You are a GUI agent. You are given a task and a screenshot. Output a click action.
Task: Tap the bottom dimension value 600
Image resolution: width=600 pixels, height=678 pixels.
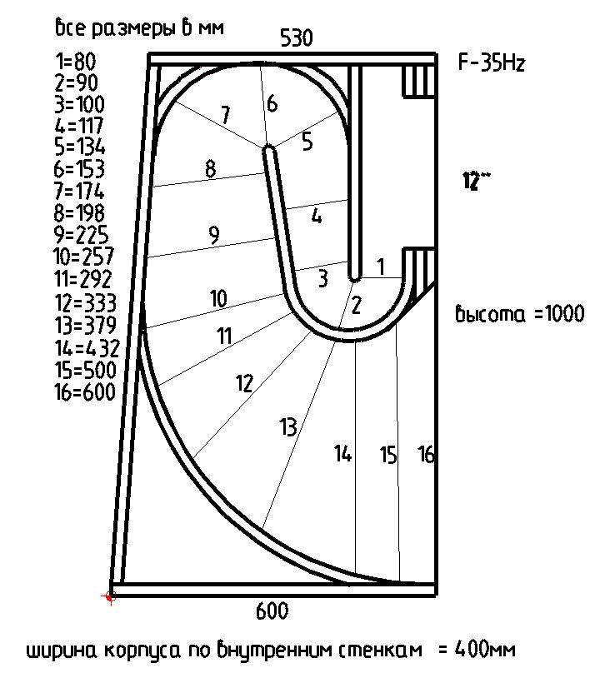pyautogui.click(x=272, y=611)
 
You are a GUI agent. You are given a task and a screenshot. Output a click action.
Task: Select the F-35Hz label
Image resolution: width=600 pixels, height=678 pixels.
pyautogui.click(x=492, y=63)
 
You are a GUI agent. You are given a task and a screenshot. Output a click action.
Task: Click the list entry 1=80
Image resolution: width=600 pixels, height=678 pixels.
pyautogui.click(x=75, y=62)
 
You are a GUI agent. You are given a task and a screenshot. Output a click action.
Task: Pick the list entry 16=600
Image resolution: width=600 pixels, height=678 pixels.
pyautogui.click(x=84, y=391)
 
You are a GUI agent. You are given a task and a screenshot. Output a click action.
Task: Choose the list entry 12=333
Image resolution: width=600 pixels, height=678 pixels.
pyautogui.click(x=84, y=302)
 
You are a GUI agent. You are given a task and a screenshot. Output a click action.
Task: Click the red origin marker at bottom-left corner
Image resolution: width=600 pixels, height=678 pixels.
pyautogui.click(x=109, y=596)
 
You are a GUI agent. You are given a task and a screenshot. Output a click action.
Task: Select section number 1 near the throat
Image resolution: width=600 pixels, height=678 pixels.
pyautogui.click(x=381, y=267)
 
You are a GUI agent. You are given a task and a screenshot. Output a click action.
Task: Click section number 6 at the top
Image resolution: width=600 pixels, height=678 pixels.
pyautogui.click(x=272, y=104)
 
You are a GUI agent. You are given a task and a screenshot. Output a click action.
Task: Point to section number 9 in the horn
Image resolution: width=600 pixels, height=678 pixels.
pyautogui.click(x=214, y=236)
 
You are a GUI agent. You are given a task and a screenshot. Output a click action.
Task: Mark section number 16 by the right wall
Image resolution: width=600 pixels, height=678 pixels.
pyautogui.click(x=426, y=455)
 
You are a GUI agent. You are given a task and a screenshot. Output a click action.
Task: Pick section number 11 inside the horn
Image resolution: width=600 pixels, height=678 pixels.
pyautogui.click(x=223, y=337)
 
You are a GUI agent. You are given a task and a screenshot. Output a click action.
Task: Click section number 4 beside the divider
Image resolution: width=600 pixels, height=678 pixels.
pyautogui.click(x=317, y=216)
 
